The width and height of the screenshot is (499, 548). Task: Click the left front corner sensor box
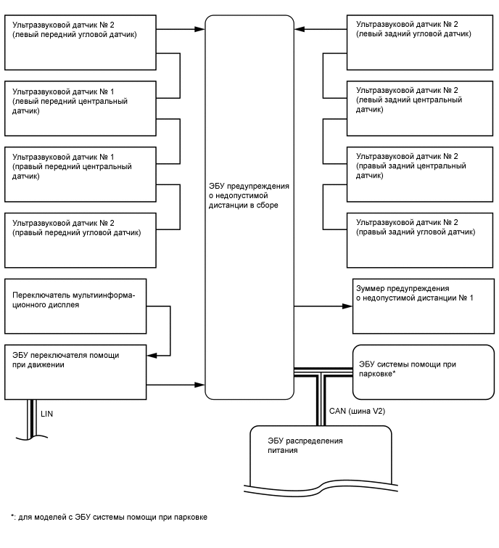pyautogui.click(x=80, y=41)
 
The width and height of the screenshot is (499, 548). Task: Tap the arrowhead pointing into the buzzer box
pyautogui.click(x=347, y=306)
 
